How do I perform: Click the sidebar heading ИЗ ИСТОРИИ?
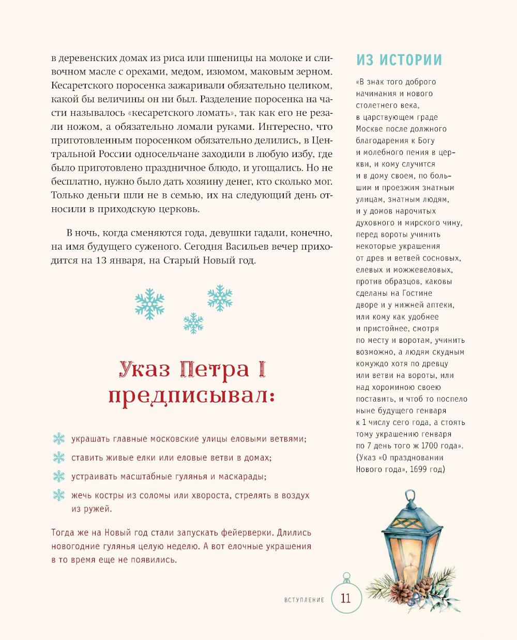point(399,60)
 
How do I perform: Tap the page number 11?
point(345,599)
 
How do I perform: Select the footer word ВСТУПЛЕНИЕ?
point(305,600)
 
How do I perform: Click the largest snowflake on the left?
point(149,303)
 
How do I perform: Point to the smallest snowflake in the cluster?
point(193,323)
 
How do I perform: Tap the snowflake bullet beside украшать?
point(59,439)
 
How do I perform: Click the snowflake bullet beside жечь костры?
point(59,495)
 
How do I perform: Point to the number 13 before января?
point(101,261)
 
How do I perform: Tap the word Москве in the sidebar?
point(369,129)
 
